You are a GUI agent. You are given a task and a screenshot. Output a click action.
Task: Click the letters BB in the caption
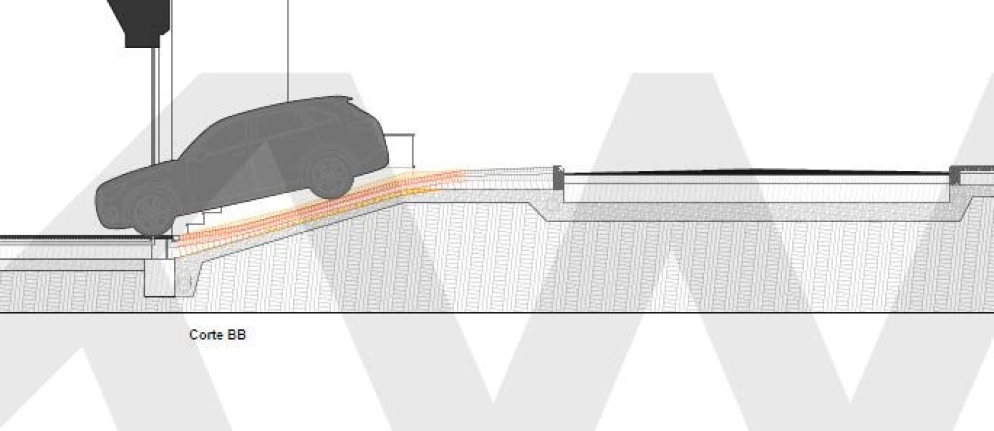click(x=236, y=335)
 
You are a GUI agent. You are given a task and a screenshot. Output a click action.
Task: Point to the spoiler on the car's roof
click(x=346, y=98)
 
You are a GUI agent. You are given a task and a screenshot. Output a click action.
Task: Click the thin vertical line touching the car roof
click(x=288, y=50)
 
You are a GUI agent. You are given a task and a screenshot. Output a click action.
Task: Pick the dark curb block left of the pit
click(x=558, y=178)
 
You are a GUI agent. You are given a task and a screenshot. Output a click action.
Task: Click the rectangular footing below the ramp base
click(x=160, y=277)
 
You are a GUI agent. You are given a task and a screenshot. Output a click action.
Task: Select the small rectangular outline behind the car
click(x=399, y=151)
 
